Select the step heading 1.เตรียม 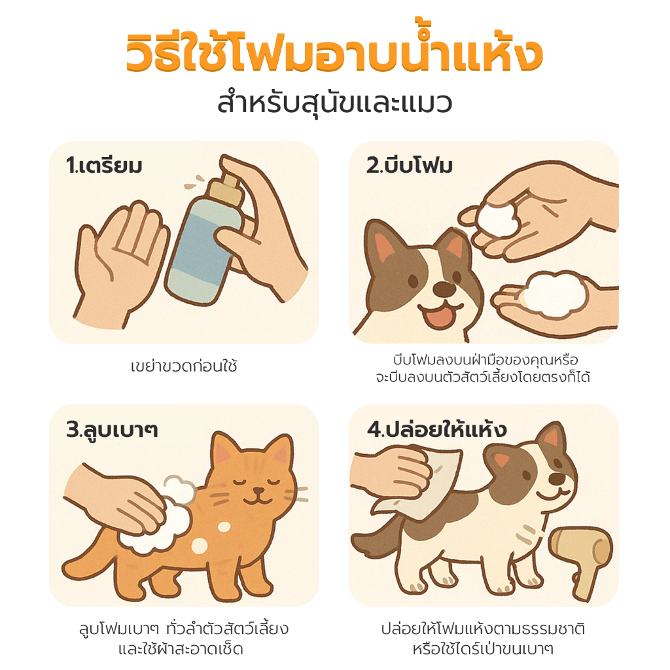tap(104, 166)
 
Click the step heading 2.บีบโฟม tap(410, 166)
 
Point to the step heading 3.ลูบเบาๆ tap(112, 430)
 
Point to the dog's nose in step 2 tap(444, 289)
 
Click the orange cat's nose tap(258, 490)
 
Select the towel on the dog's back tap(421, 483)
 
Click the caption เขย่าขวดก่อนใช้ tap(184, 366)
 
